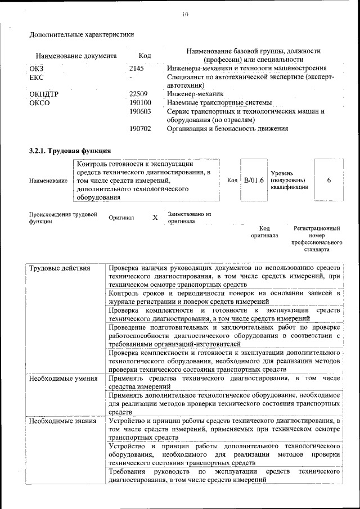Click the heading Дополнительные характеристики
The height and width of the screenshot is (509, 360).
pos(82,34)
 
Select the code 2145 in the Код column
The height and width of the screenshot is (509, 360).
pos(137,68)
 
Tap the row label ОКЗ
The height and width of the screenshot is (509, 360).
pos(36,68)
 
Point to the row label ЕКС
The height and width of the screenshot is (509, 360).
pos(36,77)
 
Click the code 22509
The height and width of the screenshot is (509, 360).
pos(138,94)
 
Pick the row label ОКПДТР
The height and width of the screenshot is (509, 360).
pos(44,94)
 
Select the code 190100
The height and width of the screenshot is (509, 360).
pos(140,102)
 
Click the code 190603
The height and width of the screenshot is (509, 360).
pos(140,111)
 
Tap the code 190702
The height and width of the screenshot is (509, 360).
pos(140,128)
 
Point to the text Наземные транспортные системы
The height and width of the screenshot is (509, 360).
pos(219,102)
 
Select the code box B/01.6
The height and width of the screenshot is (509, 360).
pos(254,180)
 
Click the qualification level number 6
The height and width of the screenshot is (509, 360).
pos(328,180)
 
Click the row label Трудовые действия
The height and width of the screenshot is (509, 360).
pos(60,268)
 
